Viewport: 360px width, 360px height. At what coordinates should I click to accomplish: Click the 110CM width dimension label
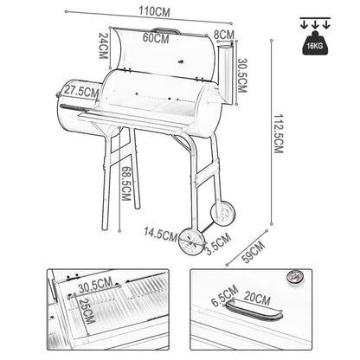tap(154, 12)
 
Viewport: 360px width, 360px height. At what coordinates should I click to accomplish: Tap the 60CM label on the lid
tap(156, 38)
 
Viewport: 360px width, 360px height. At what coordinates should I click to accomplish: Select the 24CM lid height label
tap(103, 46)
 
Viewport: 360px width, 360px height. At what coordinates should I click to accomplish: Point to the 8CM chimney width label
tap(224, 35)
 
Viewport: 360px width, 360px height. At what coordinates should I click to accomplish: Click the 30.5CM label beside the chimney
tap(242, 75)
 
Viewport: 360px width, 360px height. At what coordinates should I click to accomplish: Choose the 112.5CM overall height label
tap(279, 133)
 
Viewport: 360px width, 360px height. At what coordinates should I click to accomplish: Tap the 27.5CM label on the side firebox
tap(81, 91)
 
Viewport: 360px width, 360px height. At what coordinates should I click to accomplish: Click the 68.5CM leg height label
tap(126, 183)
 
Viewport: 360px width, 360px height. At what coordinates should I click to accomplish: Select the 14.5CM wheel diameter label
tap(160, 234)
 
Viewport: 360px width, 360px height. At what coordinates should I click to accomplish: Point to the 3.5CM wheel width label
tap(219, 244)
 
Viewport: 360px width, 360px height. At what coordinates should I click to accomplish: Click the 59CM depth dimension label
tap(254, 252)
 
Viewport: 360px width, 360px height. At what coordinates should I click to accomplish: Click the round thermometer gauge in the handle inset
tap(293, 277)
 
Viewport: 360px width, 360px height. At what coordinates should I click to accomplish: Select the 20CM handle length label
tap(257, 298)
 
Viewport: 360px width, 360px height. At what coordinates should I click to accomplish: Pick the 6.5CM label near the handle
tap(225, 296)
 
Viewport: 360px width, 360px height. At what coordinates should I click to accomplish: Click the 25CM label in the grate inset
tap(87, 311)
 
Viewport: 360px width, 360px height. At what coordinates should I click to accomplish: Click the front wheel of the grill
tap(192, 241)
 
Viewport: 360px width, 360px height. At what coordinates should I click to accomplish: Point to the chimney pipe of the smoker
tap(226, 74)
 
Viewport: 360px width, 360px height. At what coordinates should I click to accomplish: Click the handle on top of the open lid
tap(166, 30)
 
